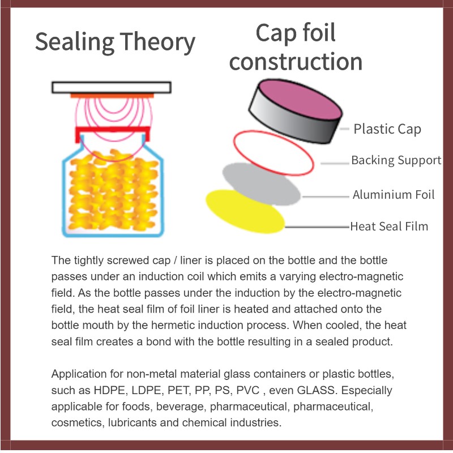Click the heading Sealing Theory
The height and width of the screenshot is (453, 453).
click(115, 42)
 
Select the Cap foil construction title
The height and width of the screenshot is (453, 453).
click(296, 48)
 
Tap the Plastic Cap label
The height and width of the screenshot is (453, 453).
click(387, 129)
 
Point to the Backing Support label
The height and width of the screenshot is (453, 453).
click(396, 160)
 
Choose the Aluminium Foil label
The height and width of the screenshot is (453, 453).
click(394, 195)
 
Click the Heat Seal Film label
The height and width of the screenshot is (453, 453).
click(389, 226)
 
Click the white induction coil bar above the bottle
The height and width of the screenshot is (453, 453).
click(112, 87)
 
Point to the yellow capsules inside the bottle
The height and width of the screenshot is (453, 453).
click(112, 187)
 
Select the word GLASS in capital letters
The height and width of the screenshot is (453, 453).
click(309, 391)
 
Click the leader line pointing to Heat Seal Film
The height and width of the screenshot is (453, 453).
click(317, 227)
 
